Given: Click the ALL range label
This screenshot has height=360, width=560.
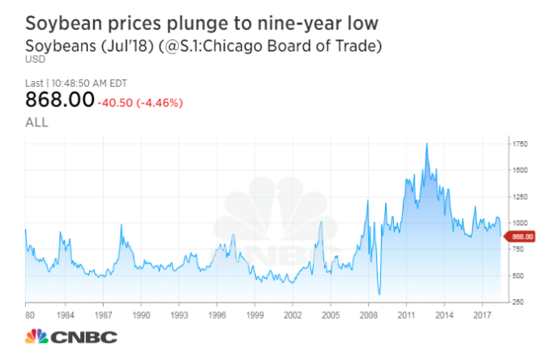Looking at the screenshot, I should coord(37,122).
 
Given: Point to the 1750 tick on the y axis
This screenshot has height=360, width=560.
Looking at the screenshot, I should coord(519,144).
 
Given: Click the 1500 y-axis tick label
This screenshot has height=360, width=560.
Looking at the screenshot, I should coord(519,170).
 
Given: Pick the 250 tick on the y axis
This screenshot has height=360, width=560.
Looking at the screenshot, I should coord(517,302).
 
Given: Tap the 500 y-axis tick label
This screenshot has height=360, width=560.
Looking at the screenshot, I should coord(517,276).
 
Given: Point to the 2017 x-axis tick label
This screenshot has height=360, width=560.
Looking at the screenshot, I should coord(483,312).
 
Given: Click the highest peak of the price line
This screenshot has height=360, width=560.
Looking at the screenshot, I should coord(426,144).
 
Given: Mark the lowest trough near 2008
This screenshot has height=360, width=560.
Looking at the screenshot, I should coord(379,294).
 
